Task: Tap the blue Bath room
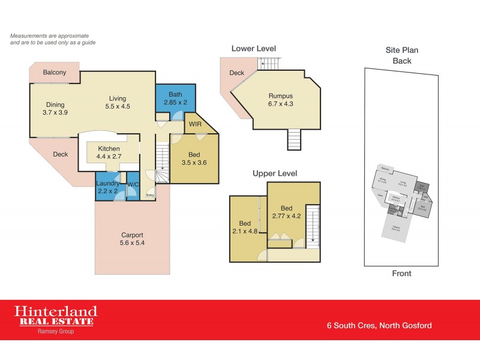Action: [x=175, y=99]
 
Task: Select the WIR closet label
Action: [x=195, y=124]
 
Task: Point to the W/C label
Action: [x=133, y=184]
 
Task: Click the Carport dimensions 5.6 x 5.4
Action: [x=133, y=243]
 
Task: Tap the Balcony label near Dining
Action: [x=55, y=73]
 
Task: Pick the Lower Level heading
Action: [x=254, y=49]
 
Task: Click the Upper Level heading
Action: [x=275, y=173]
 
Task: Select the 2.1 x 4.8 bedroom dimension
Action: [x=245, y=229]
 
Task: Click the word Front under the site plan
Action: [x=401, y=274]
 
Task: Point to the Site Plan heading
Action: [x=401, y=51]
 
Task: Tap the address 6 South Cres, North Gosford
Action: [x=379, y=326]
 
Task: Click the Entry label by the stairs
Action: [x=150, y=195]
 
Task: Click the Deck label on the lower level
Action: [x=236, y=73]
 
